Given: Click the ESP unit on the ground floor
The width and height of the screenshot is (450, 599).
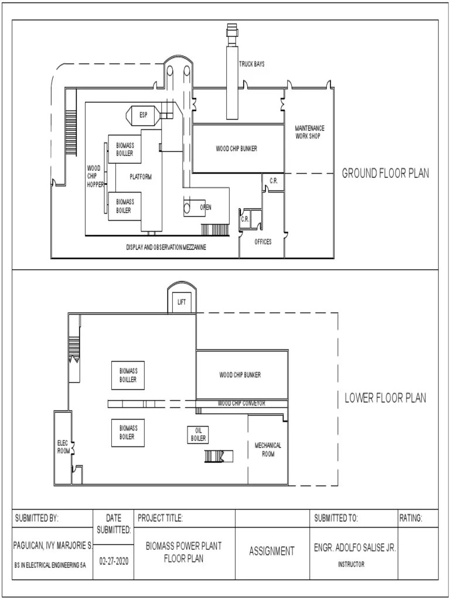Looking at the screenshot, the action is (x=143, y=115).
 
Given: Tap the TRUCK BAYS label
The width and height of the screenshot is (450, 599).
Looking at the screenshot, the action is (x=252, y=64).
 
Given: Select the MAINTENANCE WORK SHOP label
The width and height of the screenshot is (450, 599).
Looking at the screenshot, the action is (x=309, y=132).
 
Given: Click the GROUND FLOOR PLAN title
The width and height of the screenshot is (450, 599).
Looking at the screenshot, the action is (x=386, y=173).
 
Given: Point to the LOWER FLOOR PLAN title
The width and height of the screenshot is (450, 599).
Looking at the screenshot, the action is (x=386, y=398).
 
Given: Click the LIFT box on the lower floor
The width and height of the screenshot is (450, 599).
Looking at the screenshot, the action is (x=182, y=302).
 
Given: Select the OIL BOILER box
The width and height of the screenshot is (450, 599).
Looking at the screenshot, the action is (x=198, y=435).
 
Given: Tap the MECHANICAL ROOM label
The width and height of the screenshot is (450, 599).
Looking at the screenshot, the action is (x=268, y=450).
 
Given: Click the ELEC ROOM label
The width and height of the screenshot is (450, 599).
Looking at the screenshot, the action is (x=63, y=447).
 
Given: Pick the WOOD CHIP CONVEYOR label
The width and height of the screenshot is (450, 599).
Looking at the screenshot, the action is (x=242, y=404).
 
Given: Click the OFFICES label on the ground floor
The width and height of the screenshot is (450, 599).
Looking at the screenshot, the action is (x=263, y=242).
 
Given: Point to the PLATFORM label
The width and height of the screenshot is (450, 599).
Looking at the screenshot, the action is (x=141, y=177).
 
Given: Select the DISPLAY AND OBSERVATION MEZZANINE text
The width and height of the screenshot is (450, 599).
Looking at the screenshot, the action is (x=166, y=247).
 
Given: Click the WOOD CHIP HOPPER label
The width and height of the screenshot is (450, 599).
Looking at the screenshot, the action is (x=94, y=177).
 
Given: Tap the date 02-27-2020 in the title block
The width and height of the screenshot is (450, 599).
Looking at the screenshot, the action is (x=114, y=562).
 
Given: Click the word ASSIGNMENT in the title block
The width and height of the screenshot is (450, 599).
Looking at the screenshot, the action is (x=272, y=551).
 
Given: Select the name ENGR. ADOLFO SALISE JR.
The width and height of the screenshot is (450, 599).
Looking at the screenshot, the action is (x=354, y=548).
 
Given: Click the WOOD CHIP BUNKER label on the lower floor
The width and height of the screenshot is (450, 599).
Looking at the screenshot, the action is (x=240, y=375).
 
